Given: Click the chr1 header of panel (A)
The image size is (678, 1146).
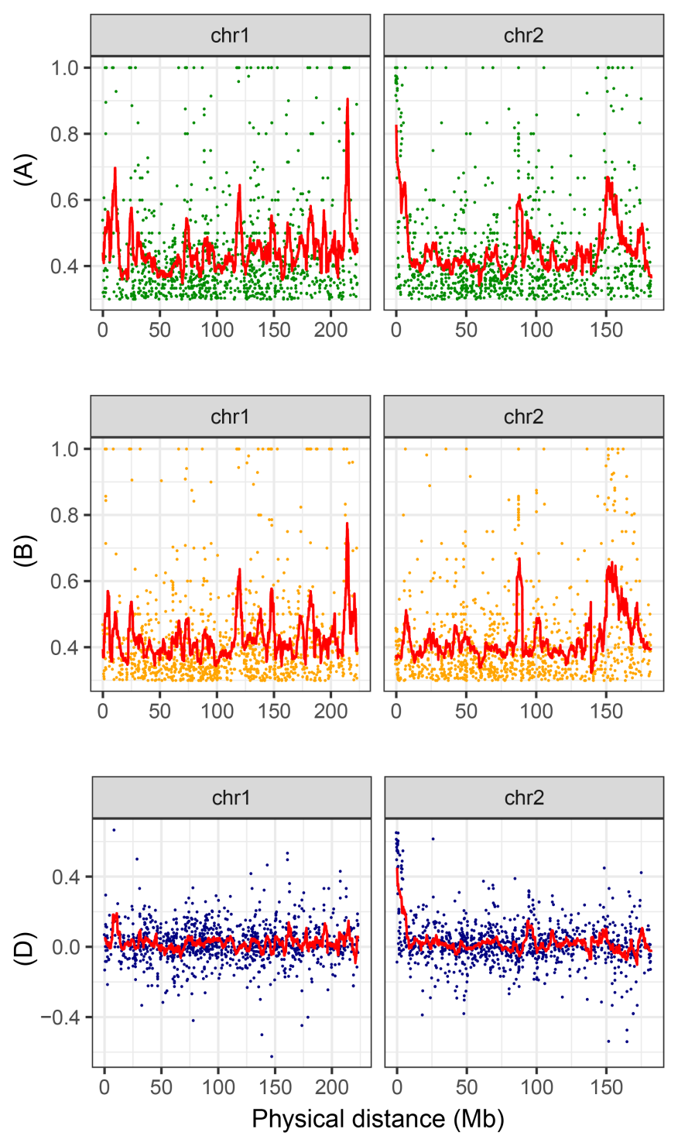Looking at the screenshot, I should click(230, 36).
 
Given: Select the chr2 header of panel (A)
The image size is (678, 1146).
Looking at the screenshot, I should click(523, 36).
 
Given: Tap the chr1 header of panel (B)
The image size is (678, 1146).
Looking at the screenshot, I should click(230, 417).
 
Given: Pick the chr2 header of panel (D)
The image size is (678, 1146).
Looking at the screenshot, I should click(523, 798).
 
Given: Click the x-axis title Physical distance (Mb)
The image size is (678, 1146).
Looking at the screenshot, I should click(378, 1118).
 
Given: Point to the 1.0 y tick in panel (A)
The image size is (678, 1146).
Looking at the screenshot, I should click(66, 68).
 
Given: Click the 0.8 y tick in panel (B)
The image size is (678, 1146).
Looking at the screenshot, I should click(66, 515).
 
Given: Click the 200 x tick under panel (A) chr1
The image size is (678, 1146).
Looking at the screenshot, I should click(330, 330).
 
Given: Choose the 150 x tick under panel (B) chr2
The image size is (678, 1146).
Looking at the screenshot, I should click(606, 711).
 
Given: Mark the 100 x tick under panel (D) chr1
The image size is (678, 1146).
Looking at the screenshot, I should click(218, 1088).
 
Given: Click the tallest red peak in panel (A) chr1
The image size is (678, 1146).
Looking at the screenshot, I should click(348, 99).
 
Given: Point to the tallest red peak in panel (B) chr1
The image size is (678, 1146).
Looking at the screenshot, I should click(347, 523).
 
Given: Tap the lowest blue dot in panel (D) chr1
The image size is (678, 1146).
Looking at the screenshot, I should click(271, 1056).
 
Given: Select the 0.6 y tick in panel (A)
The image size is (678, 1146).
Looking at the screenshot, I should click(66, 201).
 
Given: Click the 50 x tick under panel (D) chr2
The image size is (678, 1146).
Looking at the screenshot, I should click(467, 1088).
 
